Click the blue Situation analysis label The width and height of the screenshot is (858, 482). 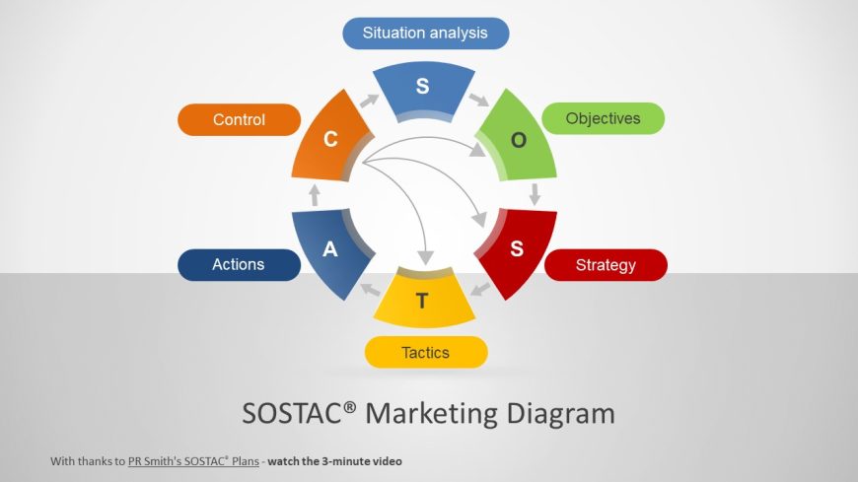(x=426, y=34)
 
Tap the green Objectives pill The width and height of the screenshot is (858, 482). (x=603, y=118)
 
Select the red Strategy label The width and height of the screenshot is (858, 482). (x=606, y=265)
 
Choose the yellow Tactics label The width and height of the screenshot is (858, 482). (x=426, y=352)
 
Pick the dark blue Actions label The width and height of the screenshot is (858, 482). (x=239, y=265)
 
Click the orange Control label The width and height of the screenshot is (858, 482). (x=239, y=120)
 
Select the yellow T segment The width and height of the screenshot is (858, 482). (x=423, y=299)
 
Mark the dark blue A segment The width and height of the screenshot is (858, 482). (x=329, y=250)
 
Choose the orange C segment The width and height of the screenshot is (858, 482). (x=329, y=140)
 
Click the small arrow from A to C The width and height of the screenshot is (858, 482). (x=315, y=195)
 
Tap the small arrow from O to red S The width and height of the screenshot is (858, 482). (x=535, y=194)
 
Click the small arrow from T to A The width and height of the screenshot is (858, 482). (x=371, y=290)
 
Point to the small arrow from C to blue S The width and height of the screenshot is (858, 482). (x=370, y=101)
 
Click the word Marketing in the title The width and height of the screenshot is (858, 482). (x=431, y=414)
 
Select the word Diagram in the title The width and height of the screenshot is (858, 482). (x=561, y=414)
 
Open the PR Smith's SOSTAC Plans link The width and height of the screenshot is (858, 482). (x=193, y=461)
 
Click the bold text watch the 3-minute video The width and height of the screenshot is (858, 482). (x=335, y=461)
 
